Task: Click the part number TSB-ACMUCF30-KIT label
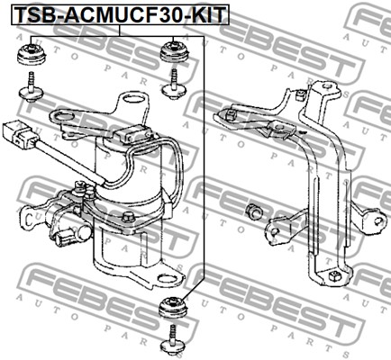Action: (x=121, y=14)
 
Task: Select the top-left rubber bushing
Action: (x=31, y=54)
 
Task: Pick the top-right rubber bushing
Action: (x=173, y=52)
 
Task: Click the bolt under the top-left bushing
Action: (x=31, y=87)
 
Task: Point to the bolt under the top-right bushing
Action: (x=174, y=85)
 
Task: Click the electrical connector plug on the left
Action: (x=20, y=134)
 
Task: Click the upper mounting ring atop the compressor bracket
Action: (x=134, y=99)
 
